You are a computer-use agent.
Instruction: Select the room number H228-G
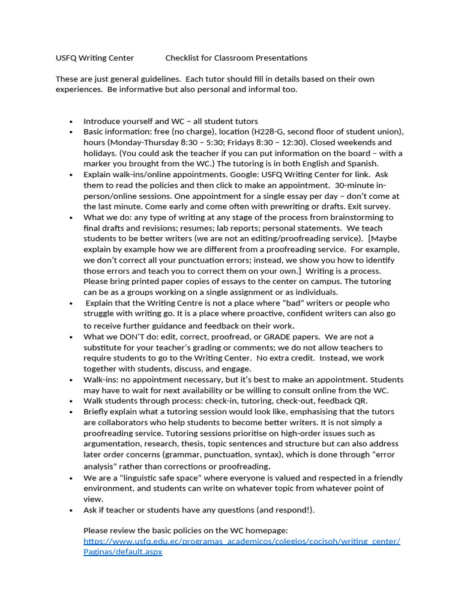click(273, 132)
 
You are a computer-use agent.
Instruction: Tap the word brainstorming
click(364, 217)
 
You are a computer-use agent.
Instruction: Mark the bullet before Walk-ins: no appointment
click(71, 380)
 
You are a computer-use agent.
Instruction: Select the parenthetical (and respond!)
click(284, 510)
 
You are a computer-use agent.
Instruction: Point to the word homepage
click(266, 530)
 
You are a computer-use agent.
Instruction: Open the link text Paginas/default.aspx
click(122, 551)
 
